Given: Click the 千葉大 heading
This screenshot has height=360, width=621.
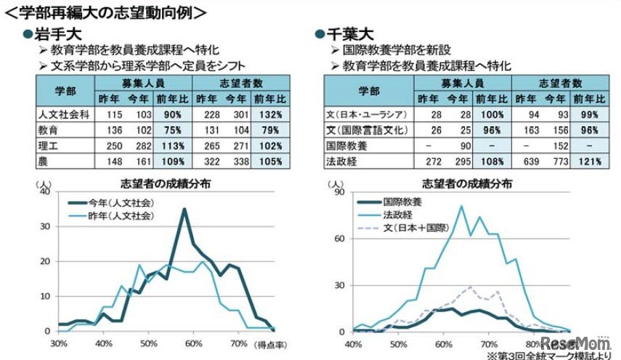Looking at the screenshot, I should coord(348,34).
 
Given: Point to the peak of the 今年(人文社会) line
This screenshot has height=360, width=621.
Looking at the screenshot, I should coord(184,209).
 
